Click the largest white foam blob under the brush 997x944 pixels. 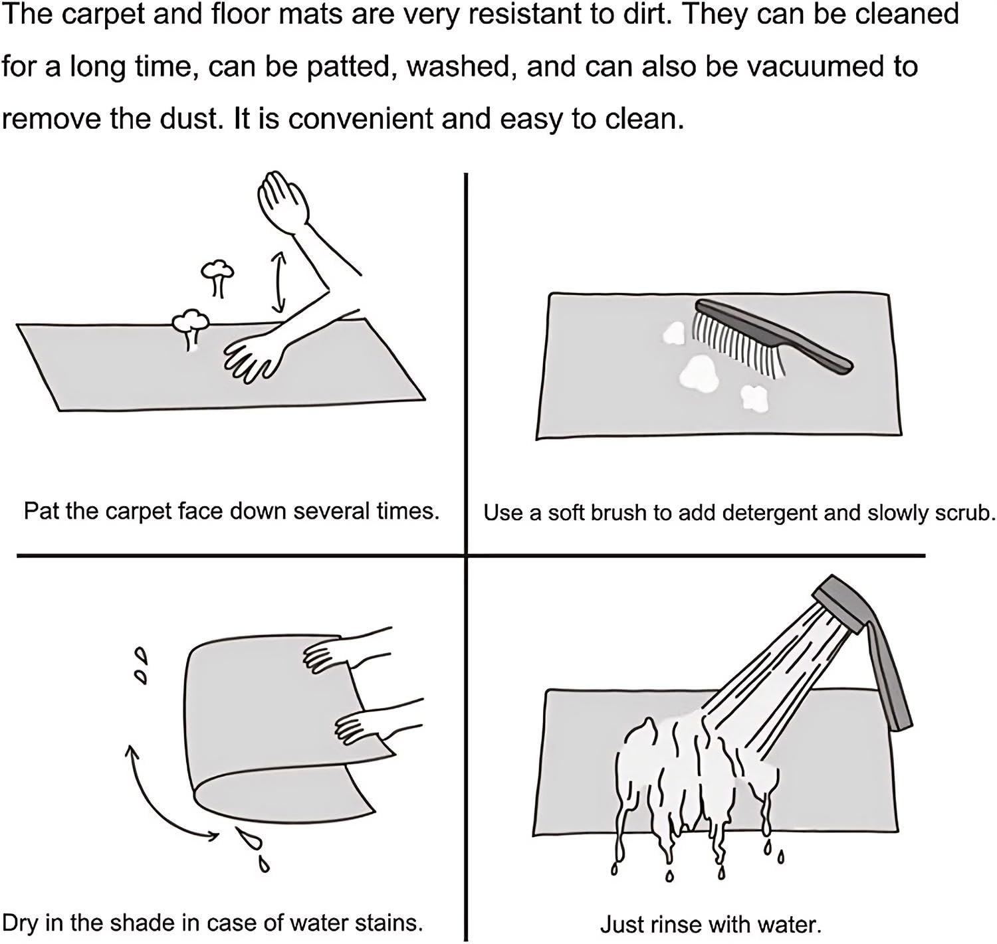(x=698, y=373)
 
